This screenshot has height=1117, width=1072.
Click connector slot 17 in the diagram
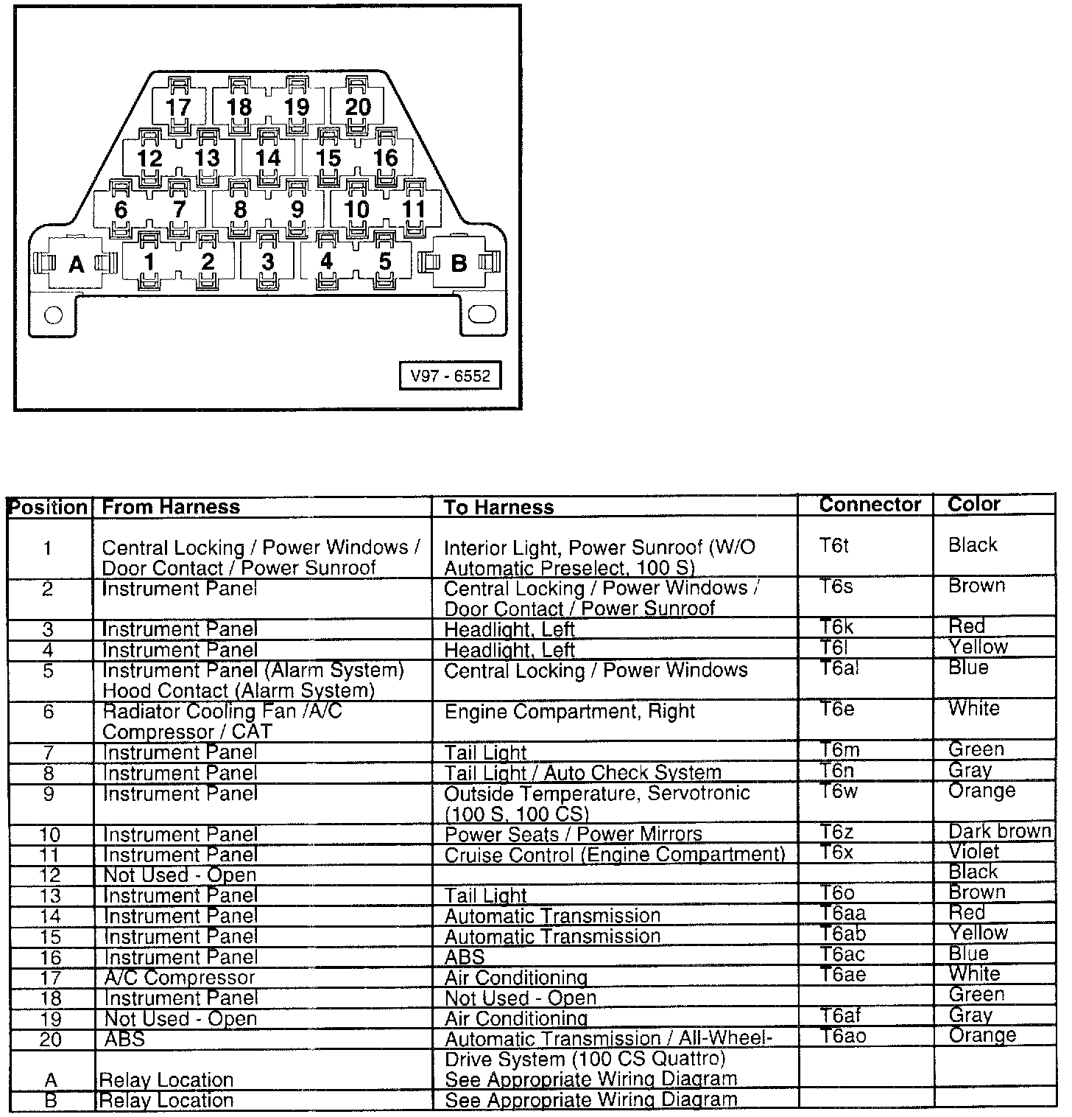click(178, 108)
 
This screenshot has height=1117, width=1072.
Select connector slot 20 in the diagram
click(358, 108)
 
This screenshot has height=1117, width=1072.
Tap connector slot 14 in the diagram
click(268, 158)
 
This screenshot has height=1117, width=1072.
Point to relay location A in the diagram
click(76, 264)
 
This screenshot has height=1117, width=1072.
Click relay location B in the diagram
click(458, 263)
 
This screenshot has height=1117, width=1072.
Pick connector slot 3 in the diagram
click(268, 262)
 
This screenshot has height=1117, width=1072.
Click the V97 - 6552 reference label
click(450, 376)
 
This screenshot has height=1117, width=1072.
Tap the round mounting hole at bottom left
click(54, 315)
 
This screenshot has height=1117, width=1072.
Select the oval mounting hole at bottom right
click(482, 315)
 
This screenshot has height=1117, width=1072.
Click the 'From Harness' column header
click(171, 507)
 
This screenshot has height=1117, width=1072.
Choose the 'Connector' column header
click(870, 505)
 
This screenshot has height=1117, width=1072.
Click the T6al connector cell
click(840, 668)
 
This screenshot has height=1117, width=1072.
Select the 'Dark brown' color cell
click(999, 831)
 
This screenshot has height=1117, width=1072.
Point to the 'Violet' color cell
click(973, 852)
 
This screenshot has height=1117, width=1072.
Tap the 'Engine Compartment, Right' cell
click(570, 712)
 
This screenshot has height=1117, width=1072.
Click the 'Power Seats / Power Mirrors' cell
click(574, 835)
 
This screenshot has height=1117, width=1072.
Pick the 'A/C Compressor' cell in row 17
click(180, 978)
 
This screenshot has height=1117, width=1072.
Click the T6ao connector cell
click(844, 1035)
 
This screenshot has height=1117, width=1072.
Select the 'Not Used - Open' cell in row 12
click(180, 875)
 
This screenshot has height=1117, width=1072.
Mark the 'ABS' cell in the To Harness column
click(465, 957)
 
